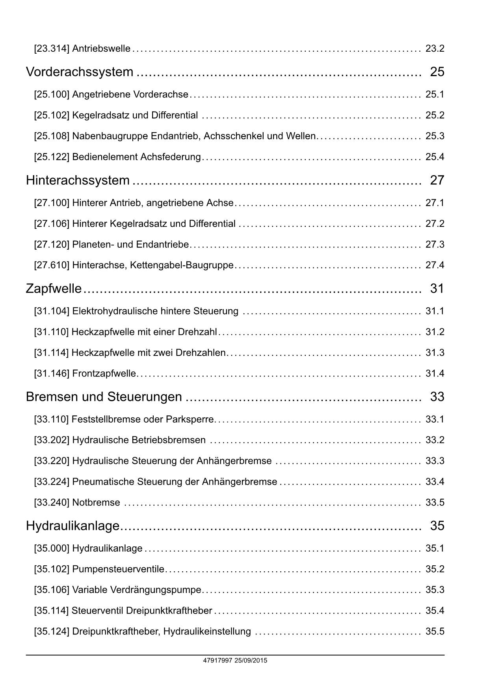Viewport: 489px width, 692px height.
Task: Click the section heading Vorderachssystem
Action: tap(80, 72)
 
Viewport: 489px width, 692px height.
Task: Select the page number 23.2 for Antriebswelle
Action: tap(435, 49)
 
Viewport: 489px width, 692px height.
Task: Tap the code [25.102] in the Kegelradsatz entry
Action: tap(52, 115)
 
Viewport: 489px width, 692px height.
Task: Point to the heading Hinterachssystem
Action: tap(78, 180)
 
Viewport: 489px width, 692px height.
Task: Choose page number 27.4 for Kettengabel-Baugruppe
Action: tap(435, 265)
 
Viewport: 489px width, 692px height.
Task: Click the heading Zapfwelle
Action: tap(54, 289)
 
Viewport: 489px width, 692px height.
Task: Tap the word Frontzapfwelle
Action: tap(104, 374)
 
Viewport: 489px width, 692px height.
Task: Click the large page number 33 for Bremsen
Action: tap(437, 397)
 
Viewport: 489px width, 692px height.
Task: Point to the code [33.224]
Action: tap(52, 482)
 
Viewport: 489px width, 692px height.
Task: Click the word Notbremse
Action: tap(96, 503)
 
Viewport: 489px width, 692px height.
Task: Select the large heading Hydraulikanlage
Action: tap(73, 526)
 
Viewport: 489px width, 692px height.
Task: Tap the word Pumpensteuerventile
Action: tap(118, 569)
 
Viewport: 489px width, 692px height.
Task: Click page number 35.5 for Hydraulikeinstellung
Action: tap(435, 632)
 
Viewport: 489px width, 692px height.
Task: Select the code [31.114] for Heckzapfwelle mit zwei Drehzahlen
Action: tap(52, 353)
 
